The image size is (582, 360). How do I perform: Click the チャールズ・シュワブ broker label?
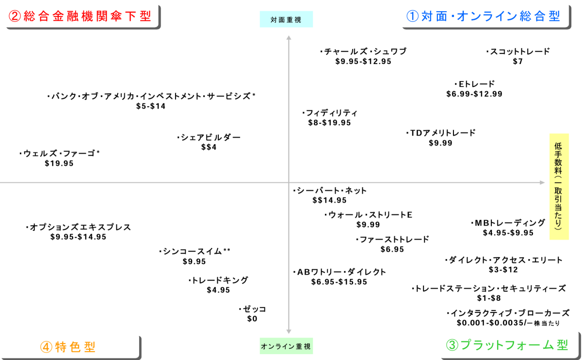pos(364,51)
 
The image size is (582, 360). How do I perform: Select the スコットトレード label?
pos(518,51)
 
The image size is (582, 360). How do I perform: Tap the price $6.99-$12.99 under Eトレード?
pos(474,94)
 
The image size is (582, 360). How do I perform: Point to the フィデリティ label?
pos(330,113)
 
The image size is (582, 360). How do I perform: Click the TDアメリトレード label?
pos(441,133)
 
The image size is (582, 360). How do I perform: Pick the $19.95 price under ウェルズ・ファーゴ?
pos(59,164)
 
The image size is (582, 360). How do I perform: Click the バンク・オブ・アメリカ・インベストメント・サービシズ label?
pos(151,96)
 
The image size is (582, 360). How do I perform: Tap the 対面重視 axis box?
pos(286,19)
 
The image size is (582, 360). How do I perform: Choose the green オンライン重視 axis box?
pos(286,346)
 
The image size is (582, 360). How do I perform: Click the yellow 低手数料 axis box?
pos(559,187)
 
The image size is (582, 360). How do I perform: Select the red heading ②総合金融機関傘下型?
pos(80,16)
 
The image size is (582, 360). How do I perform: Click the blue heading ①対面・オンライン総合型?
pos(483,16)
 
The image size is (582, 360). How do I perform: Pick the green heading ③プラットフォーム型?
pos(506,345)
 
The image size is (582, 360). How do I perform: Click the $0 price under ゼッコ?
pos(252,319)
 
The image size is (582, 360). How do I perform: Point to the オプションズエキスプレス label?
pos(78,227)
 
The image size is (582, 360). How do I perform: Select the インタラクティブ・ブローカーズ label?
pos(508,313)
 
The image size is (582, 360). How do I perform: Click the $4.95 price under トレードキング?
pos(218,290)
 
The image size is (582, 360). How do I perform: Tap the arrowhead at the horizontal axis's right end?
pos(542,183)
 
